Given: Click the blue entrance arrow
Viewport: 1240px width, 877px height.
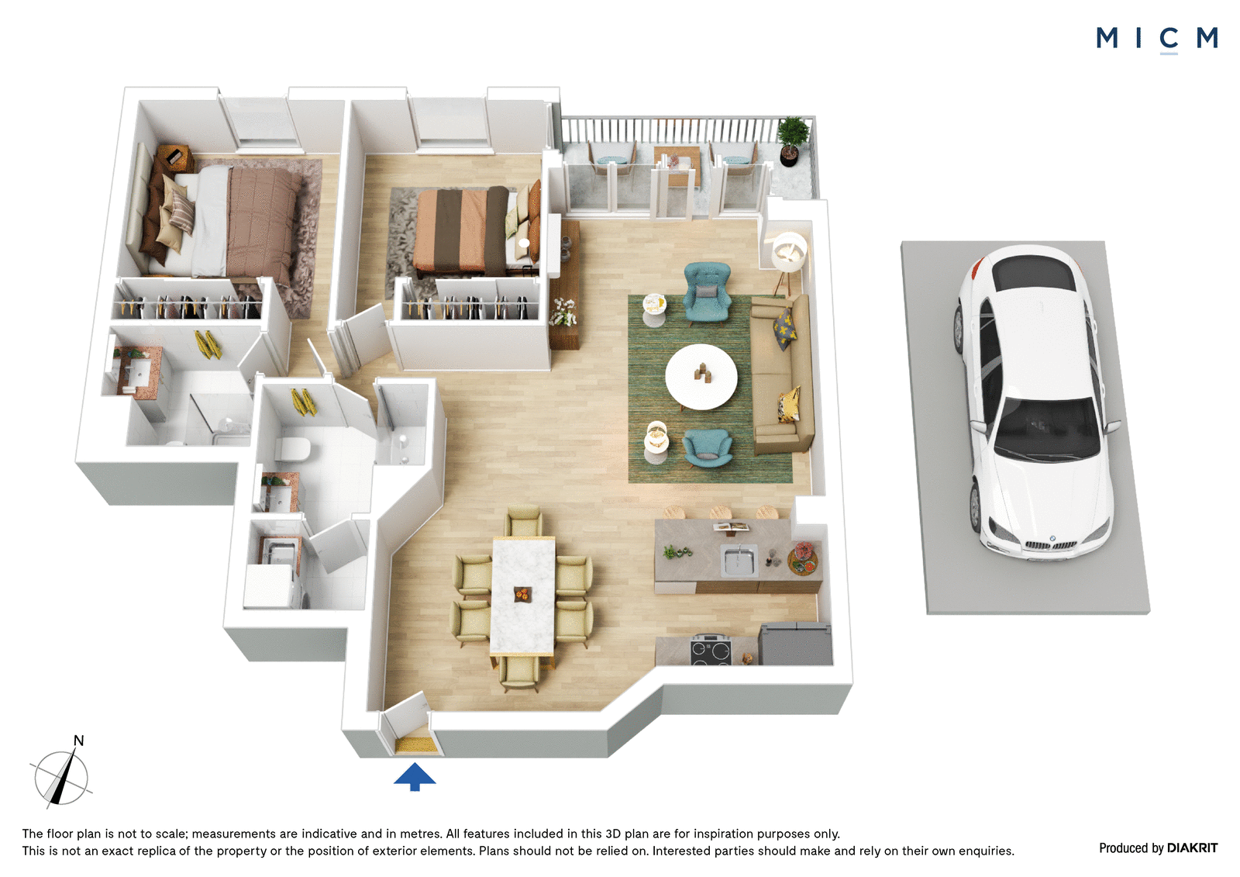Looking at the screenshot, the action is coord(415,776).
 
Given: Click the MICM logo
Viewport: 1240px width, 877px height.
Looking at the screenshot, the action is coord(1156,39).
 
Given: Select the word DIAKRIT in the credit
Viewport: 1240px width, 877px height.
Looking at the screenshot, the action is coord(1192,848).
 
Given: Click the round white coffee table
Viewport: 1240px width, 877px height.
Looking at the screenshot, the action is coord(701,377).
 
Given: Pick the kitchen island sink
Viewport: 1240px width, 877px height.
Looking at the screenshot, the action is coord(739,560).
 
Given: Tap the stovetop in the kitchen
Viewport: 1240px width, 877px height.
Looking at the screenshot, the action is coord(711,651).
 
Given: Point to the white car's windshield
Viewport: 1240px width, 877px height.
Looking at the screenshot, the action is coord(1047,426).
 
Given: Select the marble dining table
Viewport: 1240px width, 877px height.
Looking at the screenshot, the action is coord(522,596).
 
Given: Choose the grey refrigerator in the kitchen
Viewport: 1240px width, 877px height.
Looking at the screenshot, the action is coord(795,644).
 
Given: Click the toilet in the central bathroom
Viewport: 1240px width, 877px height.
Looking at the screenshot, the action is coord(291,448).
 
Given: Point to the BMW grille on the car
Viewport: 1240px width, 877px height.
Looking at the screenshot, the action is coord(1049,545).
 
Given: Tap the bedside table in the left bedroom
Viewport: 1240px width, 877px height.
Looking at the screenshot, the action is coord(175,159).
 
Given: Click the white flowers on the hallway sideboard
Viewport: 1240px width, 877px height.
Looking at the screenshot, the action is coord(563,312).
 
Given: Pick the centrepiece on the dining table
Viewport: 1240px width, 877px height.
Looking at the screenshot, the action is coord(522,594).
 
